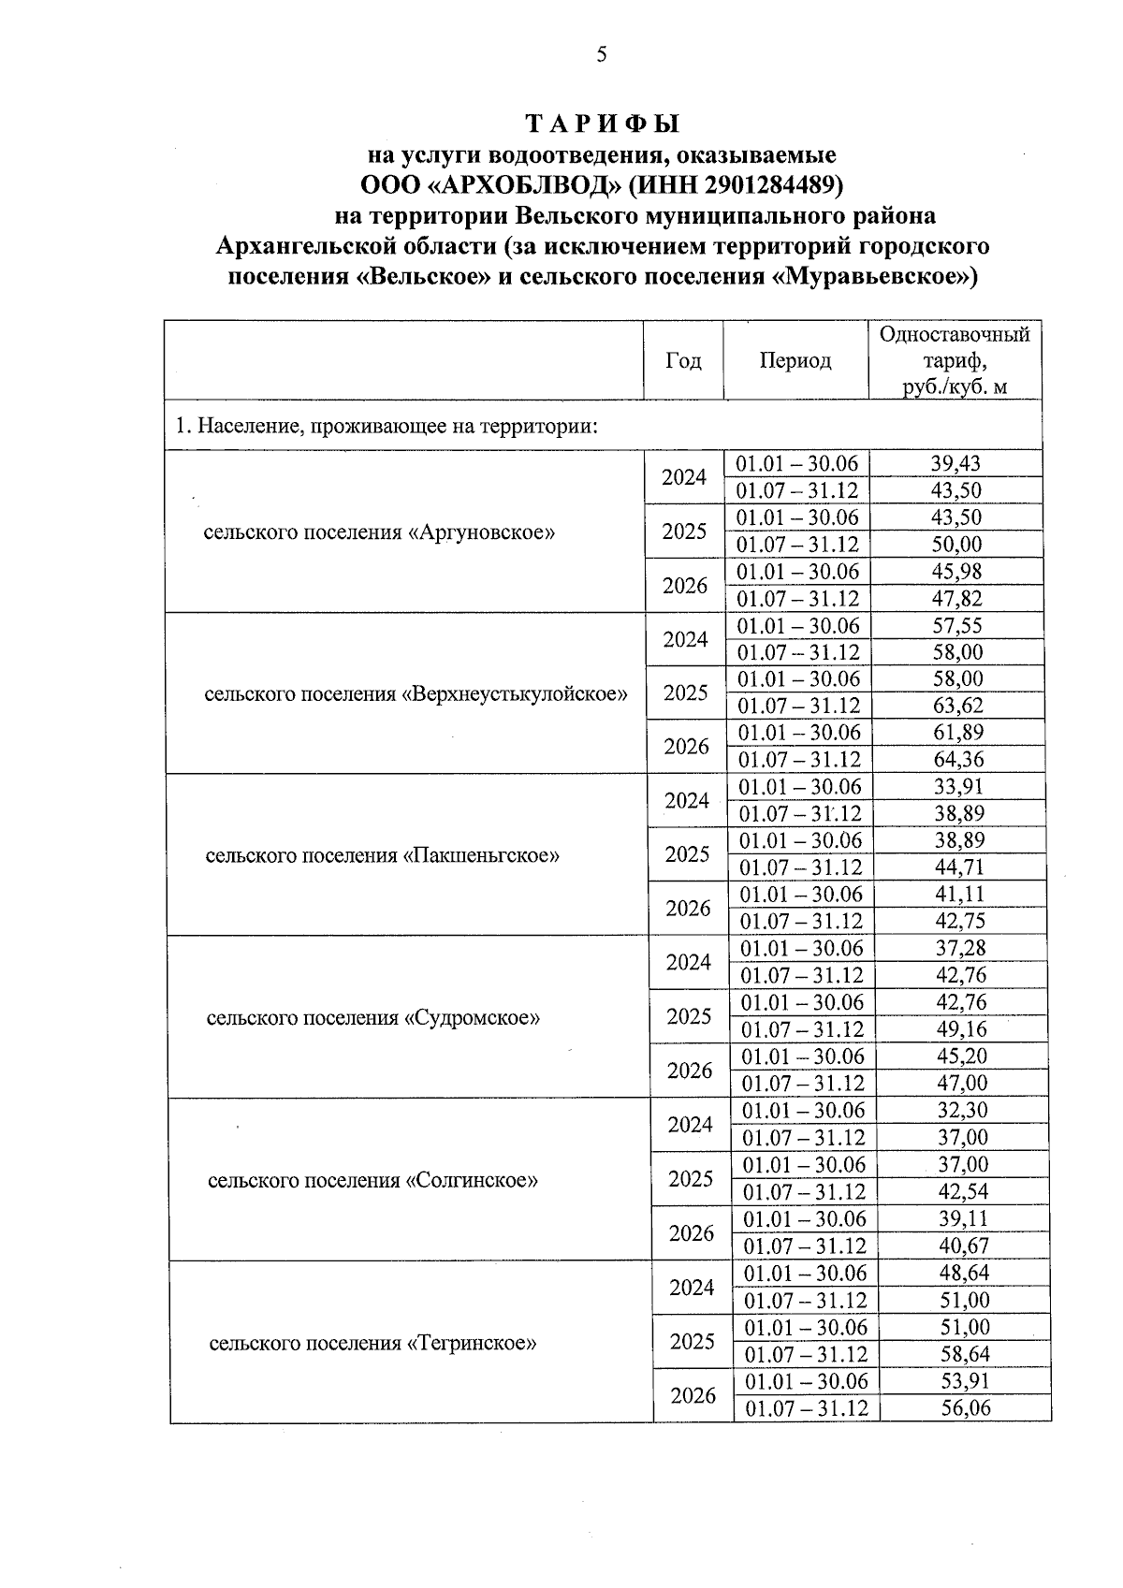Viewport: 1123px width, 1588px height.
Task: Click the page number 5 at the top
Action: [602, 55]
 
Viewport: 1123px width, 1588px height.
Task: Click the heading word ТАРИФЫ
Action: [602, 123]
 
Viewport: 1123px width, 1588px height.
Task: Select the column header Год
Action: [683, 361]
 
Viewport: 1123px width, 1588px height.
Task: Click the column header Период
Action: [795, 361]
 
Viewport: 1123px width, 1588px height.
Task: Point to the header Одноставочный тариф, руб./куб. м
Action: [955, 361]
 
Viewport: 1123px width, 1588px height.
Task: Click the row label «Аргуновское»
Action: [379, 532]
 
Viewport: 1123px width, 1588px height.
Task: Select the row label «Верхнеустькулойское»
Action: [416, 693]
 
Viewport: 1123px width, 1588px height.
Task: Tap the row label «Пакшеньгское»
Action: [382, 855]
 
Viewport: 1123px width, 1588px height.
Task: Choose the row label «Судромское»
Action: [372, 1017]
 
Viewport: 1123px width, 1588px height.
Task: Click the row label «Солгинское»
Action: [372, 1180]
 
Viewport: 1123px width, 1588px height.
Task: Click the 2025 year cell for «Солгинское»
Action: [691, 1179]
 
